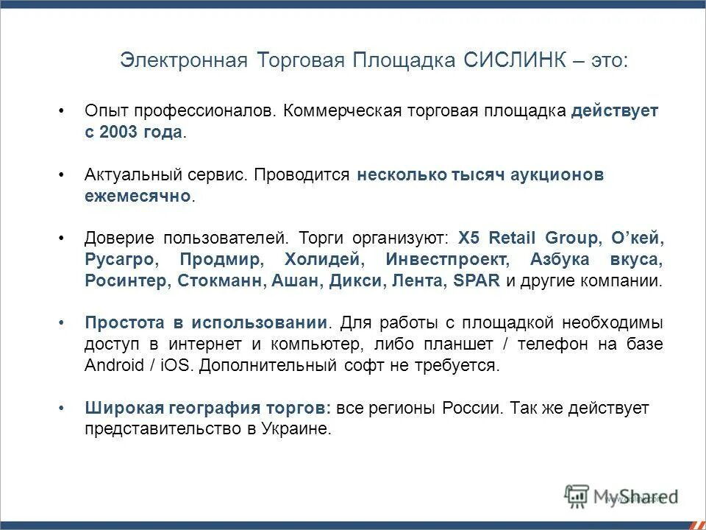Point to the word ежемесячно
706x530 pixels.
click(x=137, y=197)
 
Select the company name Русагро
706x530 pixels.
click(x=119, y=260)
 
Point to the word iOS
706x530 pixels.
click(x=174, y=366)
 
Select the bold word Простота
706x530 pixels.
click(x=121, y=323)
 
